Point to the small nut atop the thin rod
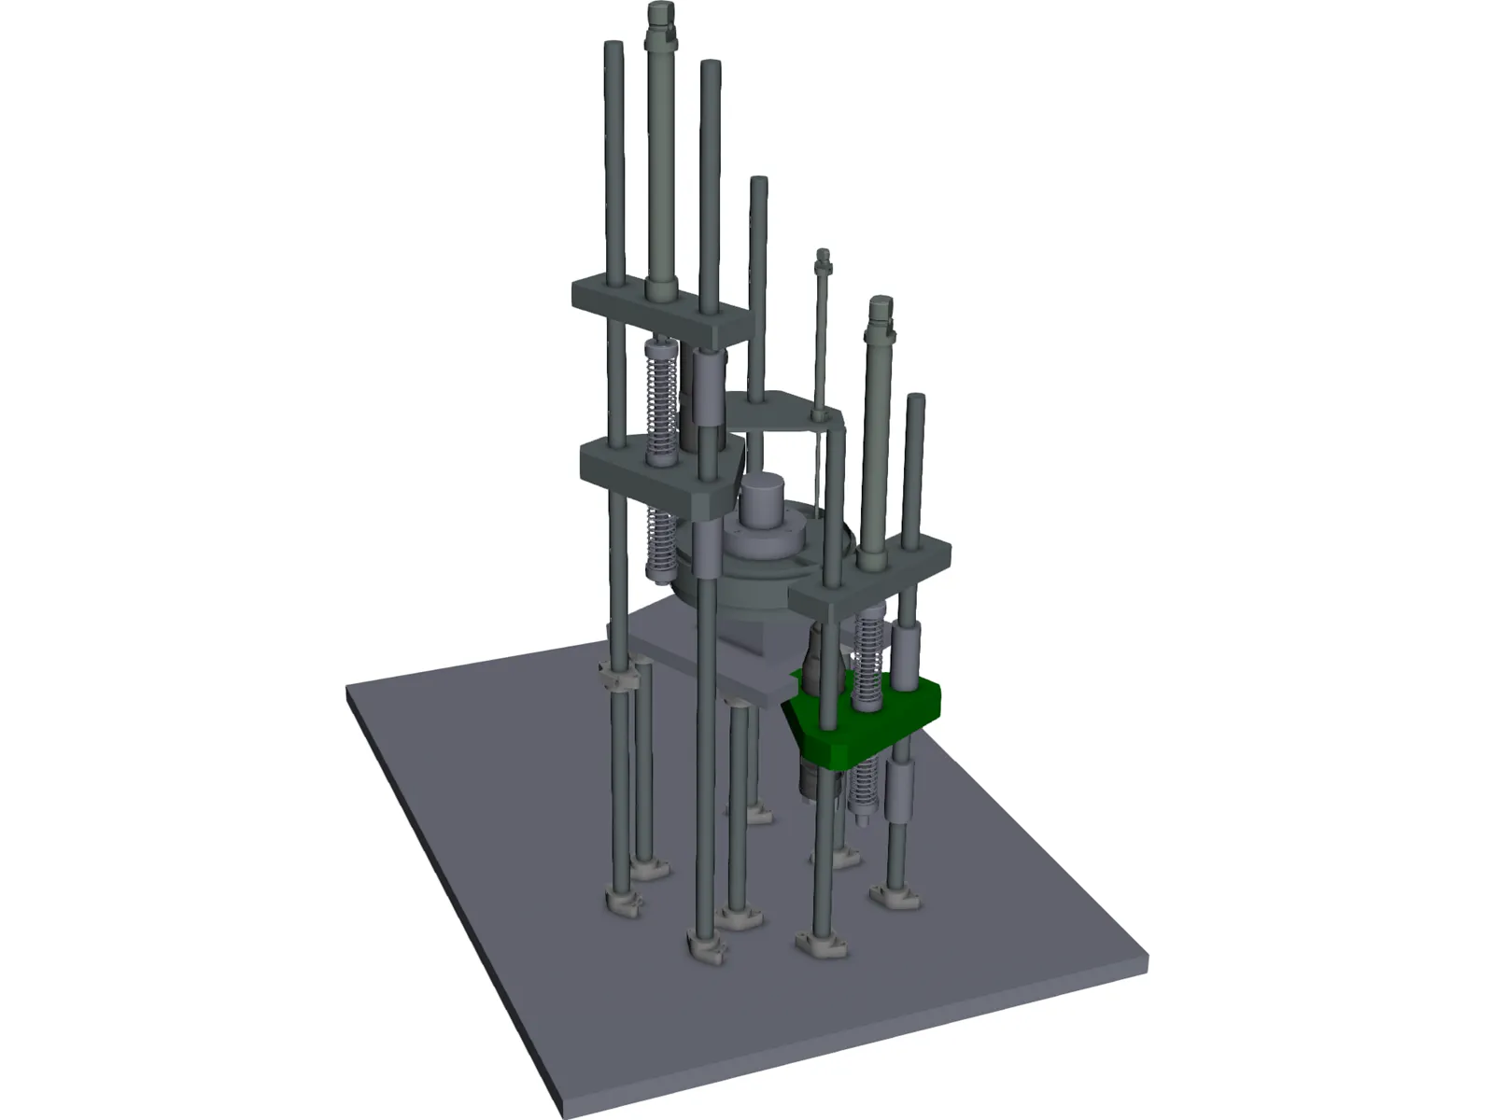(x=823, y=257)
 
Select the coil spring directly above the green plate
(x=869, y=653)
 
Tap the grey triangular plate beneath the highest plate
(x=654, y=471)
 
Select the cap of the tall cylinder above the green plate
(x=881, y=308)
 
